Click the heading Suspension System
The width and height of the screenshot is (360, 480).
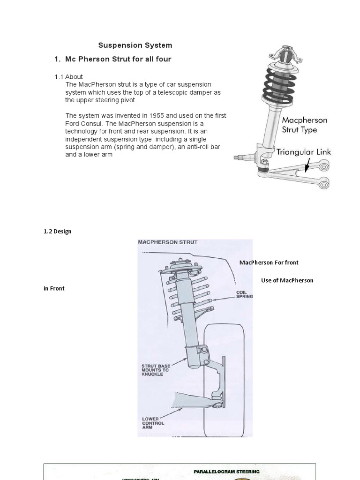[x=135, y=45]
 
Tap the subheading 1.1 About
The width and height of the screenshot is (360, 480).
[x=68, y=77]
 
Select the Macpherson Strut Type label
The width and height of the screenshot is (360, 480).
[x=304, y=125]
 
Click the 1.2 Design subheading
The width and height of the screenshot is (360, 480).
[x=57, y=232]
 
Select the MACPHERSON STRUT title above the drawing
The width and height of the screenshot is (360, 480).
[x=167, y=242]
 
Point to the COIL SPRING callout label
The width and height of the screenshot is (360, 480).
[x=244, y=294]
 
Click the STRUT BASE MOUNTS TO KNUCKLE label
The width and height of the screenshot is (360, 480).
[x=155, y=370]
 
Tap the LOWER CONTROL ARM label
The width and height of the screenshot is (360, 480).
[x=153, y=423]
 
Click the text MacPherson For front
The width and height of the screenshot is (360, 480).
[x=269, y=262]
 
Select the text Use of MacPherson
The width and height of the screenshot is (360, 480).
[x=287, y=280]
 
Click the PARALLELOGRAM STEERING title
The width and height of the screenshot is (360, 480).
[x=226, y=471]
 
